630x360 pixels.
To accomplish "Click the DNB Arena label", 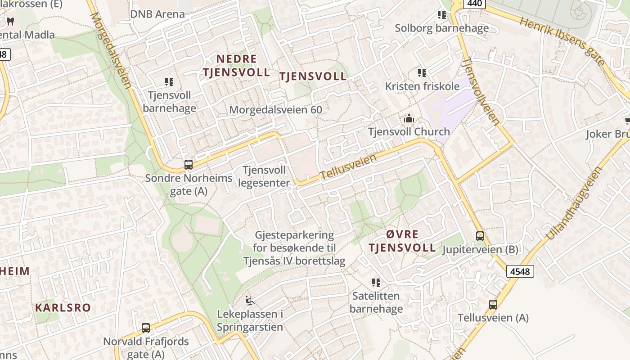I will click(x=157, y=14).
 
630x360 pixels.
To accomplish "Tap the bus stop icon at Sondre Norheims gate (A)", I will click(x=189, y=165).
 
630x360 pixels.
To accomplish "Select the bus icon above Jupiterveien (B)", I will click(x=480, y=236).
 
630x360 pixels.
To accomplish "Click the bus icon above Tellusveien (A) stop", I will click(x=493, y=304).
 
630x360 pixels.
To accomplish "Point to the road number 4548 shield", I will click(x=520, y=271).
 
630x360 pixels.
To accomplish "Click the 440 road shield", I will click(x=475, y=4).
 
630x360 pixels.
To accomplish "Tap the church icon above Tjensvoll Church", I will click(x=409, y=118).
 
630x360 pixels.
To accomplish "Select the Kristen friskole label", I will click(x=422, y=86).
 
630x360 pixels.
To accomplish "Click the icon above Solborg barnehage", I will click(x=442, y=15).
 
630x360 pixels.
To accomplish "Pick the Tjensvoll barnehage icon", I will click(x=169, y=82).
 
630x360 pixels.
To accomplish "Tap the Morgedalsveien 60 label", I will click(x=275, y=109).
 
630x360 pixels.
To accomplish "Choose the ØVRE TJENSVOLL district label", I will click(x=402, y=241).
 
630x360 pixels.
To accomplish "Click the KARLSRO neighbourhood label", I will click(x=63, y=308).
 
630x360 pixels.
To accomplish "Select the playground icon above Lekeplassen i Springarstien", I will click(x=249, y=300).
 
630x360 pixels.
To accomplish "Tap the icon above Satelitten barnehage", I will click(x=376, y=283).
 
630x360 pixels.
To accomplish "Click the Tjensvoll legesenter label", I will click(x=264, y=176).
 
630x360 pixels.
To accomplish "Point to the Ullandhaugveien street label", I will click(x=574, y=203).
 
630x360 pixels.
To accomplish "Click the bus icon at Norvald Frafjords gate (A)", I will click(x=145, y=328).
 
